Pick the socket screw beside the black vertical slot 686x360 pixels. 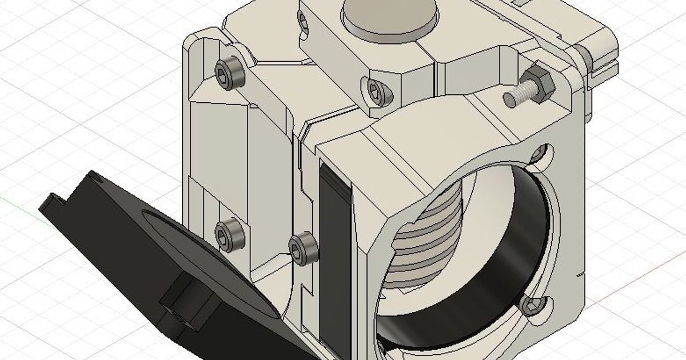coord(301,248)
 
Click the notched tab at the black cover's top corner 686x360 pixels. coord(54,201)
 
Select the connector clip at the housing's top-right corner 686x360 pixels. coord(600,54)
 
